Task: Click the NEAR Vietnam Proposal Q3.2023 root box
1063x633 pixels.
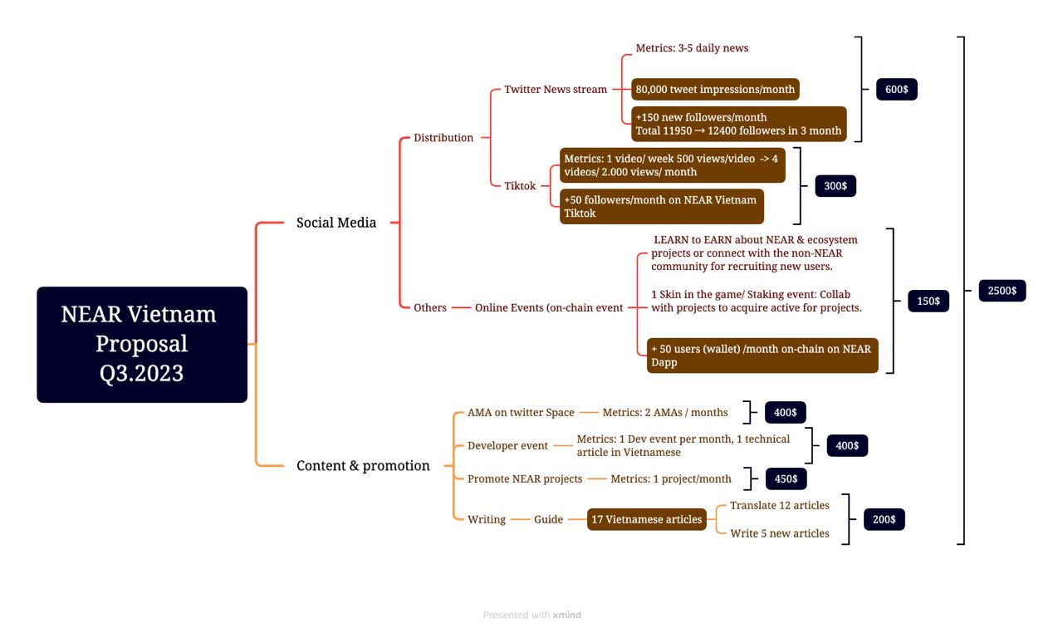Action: (x=142, y=345)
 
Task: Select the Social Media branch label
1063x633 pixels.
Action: (x=336, y=223)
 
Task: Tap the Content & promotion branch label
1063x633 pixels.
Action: (x=363, y=465)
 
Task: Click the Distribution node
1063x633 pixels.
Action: (x=443, y=138)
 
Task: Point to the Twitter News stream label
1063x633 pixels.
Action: (x=556, y=89)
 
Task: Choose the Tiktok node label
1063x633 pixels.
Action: (x=520, y=185)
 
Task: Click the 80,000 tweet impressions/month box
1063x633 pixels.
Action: (x=715, y=89)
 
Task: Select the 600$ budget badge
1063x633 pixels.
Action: (x=896, y=89)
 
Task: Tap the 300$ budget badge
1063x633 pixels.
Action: (x=835, y=185)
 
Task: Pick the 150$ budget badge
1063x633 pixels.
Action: (x=928, y=301)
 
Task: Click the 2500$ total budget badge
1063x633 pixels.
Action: (x=1002, y=291)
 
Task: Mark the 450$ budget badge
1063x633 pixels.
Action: (x=786, y=478)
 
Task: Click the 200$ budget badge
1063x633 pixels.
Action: (x=884, y=519)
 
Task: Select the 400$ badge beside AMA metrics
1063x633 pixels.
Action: (x=785, y=412)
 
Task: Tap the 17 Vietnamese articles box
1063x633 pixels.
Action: (x=646, y=519)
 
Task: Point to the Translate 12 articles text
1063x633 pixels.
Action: (x=780, y=505)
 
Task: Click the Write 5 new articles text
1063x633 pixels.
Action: (x=780, y=533)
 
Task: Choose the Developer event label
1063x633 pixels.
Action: (x=507, y=445)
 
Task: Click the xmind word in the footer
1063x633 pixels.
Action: (x=566, y=615)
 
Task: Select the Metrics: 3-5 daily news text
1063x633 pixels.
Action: (x=692, y=48)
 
